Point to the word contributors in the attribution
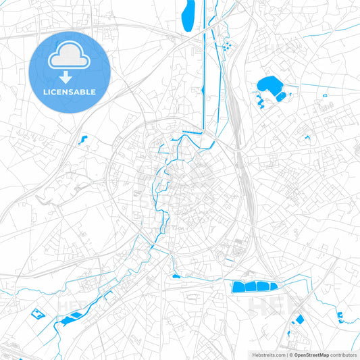click(x=344, y=354)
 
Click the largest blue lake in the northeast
click(x=269, y=86)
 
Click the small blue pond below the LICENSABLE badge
click(x=83, y=140)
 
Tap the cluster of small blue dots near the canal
click(x=226, y=46)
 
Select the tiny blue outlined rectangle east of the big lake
click(x=325, y=96)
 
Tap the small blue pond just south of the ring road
click(x=176, y=276)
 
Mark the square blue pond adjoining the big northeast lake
click(x=280, y=97)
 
